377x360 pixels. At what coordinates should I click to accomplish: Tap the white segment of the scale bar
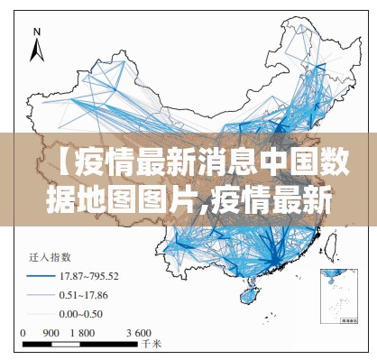coord(68,343)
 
